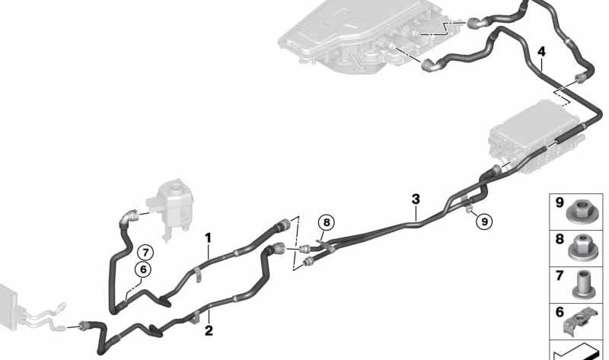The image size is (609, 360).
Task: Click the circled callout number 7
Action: tap(145, 253)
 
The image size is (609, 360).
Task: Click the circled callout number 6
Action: tap(143, 269)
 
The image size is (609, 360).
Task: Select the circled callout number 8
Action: tap(327, 222)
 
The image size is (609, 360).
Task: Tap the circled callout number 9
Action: tap(484, 221)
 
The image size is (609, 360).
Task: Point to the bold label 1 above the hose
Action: tap(209, 238)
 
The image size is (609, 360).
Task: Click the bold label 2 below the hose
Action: tap(209, 330)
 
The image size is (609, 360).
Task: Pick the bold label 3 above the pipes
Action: tap(416, 199)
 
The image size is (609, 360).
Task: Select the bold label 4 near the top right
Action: tap(541, 51)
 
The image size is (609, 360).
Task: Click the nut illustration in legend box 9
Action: tap(581, 212)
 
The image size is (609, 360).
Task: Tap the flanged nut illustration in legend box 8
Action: tap(582, 247)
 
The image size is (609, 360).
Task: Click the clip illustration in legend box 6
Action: tap(578, 323)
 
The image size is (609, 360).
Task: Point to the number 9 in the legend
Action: tap(560, 202)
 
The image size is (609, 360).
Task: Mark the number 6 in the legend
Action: tap(560, 312)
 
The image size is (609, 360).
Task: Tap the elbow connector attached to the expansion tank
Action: tap(128, 218)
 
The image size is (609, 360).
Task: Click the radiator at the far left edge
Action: tap(8, 306)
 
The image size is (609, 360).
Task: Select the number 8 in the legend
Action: tap(560, 239)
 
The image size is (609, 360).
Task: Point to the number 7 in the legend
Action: tap(560, 276)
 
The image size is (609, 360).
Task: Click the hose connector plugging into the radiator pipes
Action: tap(84, 325)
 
